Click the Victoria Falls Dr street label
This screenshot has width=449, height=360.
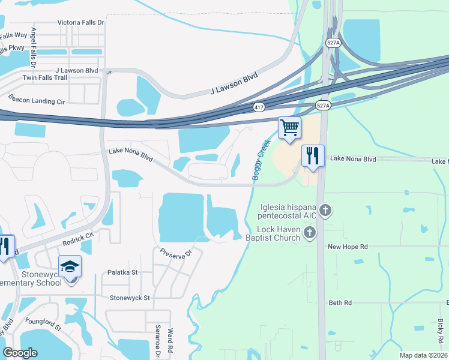tap(81, 22)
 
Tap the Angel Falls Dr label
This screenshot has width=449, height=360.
tap(34, 47)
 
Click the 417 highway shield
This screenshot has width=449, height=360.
tap(258, 107)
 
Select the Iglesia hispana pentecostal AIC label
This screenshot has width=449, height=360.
tap(288, 211)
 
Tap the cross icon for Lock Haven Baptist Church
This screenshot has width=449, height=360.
tap(310, 232)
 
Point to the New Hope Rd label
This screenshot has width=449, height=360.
tap(347, 247)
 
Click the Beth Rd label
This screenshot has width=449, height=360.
tap(340, 303)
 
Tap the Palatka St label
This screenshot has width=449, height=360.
tap(122, 272)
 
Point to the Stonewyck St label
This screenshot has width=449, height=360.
tap(130, 297)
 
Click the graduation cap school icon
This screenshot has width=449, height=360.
tap(70, 266)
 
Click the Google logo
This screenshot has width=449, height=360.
tap(20, 353)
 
